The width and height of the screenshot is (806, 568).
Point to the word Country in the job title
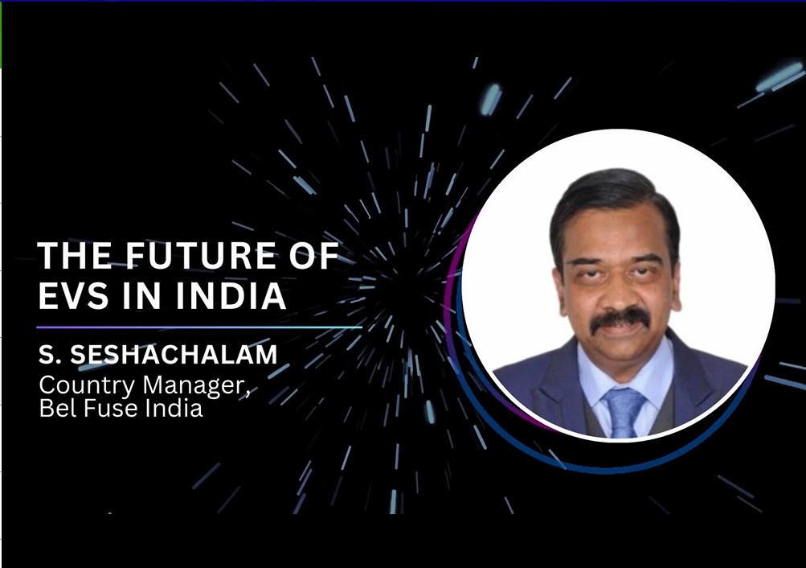pos(86,386)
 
